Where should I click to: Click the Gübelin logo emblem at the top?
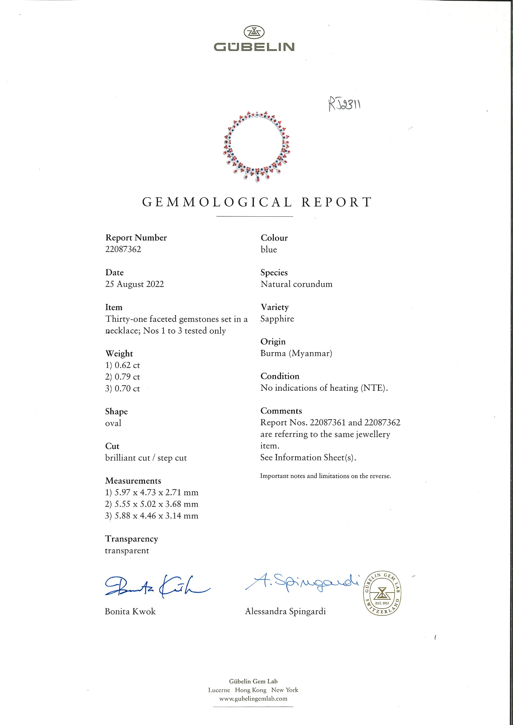tap(254, 32)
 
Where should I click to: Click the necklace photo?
tap(256, 147)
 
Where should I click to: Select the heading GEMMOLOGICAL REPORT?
tap(256, 202)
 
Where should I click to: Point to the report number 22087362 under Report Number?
tap(123, 249)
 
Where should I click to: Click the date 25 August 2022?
tap(134, 284)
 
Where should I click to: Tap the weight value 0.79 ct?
tap(127, 377)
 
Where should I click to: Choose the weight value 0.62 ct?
tap(127, 365)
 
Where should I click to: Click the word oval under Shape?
tap(113, 423)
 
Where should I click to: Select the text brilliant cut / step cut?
tap(146, 458)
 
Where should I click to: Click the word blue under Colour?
tap(269, 249)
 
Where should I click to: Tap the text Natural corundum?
tap(296, 284)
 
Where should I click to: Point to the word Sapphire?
tap(277, 319)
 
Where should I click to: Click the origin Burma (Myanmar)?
tap(296, 353)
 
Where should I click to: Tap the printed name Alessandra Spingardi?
tap(285, 611)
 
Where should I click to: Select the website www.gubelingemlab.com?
tap(253, 699)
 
